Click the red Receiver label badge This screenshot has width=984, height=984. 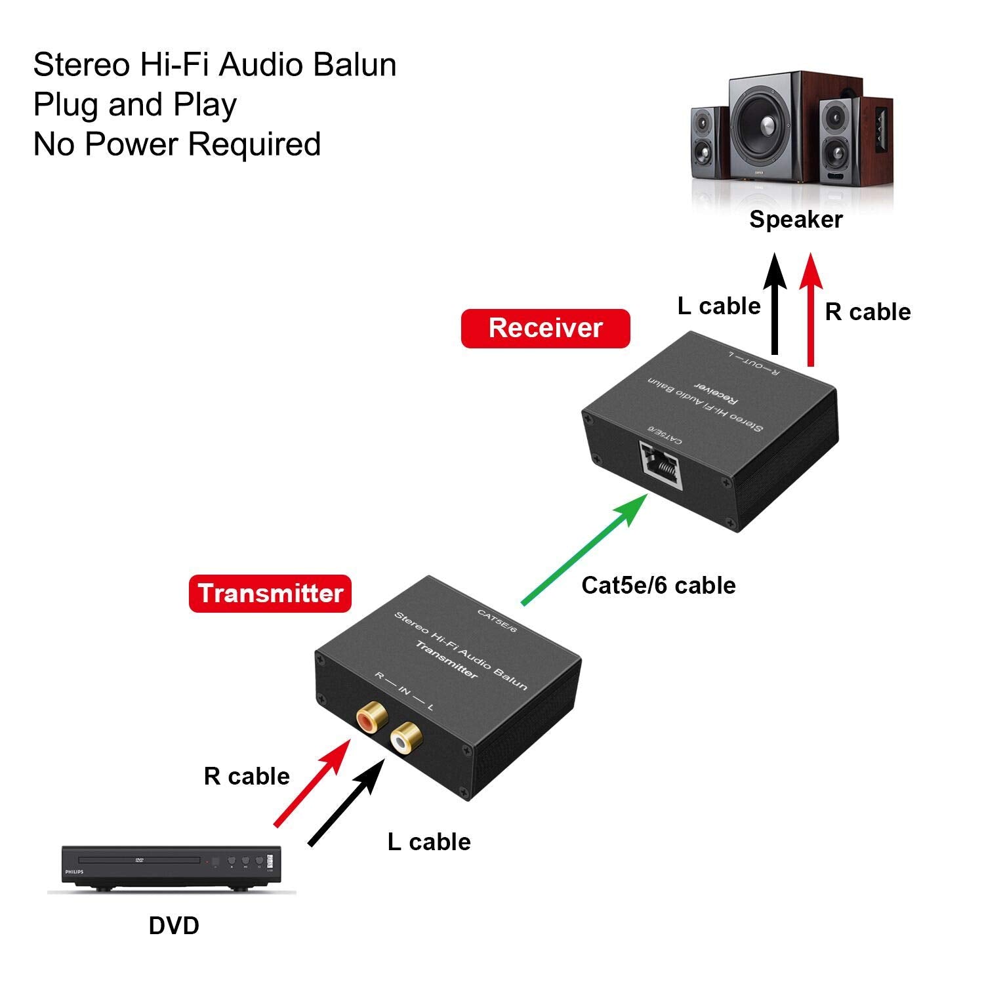click(545, 328)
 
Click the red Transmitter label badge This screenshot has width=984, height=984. click(270, 594)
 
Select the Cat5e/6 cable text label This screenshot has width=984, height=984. click(658, 585)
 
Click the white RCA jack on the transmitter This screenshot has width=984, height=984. click(405, 740)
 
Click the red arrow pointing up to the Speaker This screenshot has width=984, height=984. click(811, 308)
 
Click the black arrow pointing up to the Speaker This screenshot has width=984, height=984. click(775, 305)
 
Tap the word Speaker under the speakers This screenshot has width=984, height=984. click(795, 220)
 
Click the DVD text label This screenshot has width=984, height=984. click(174, 926)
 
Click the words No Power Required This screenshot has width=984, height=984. click(177, 144)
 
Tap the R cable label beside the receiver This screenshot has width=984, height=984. click(867, 312)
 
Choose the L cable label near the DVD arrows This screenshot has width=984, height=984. click(428, 842)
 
